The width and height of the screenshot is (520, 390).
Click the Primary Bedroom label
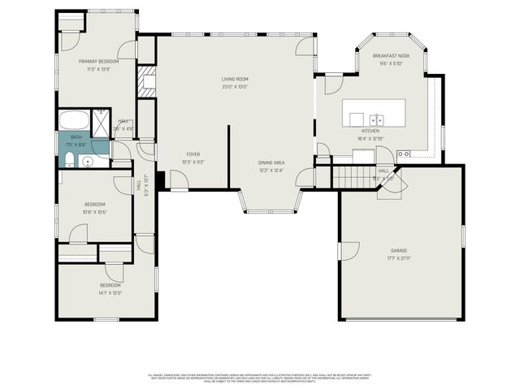click(x=98, y=61)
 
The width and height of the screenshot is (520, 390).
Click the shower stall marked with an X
click(x=101, y=120)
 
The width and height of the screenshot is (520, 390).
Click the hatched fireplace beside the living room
click(x=146, y=82)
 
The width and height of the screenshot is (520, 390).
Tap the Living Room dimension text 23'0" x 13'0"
click(x=234, y=87)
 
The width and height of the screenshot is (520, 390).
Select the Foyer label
click(x=193, y=154)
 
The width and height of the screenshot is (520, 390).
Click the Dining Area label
click(x=271, y=162)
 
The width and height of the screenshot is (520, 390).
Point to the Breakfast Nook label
click(x=391, y=56)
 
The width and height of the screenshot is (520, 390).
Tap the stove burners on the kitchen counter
click(x=404, y=154)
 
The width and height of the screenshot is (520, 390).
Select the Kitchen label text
click(x=370, y=130)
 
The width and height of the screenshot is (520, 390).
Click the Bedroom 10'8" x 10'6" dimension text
click(x=95, y=212)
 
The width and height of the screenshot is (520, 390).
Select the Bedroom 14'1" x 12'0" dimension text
click(x=110, y=293)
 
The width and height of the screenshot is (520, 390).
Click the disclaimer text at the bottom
click(x=259, y=378)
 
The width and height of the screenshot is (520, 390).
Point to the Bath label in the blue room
click(x=76, y=137)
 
